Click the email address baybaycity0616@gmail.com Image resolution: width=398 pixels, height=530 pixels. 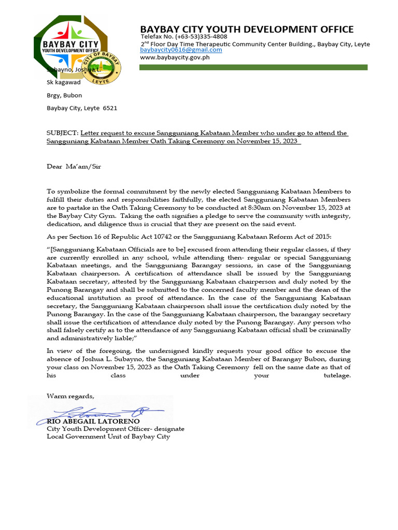[181, 50]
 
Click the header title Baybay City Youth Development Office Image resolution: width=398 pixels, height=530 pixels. [247, 30]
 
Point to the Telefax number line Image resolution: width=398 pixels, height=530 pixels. [184, 37]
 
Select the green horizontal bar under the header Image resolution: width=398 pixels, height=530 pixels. [254, 67]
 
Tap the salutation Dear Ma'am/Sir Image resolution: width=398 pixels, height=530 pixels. [74, 167]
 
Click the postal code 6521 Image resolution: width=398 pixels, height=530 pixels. [110, 108]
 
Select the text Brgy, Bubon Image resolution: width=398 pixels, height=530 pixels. [64, 95]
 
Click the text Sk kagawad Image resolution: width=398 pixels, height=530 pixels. [64, 82]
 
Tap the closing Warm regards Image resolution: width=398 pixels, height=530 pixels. [70, 396]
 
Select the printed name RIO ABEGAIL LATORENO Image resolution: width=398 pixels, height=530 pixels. [93, 422]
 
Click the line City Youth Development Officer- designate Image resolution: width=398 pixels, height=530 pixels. [116, 429]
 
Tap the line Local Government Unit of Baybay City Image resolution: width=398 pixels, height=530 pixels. [108, 436]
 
